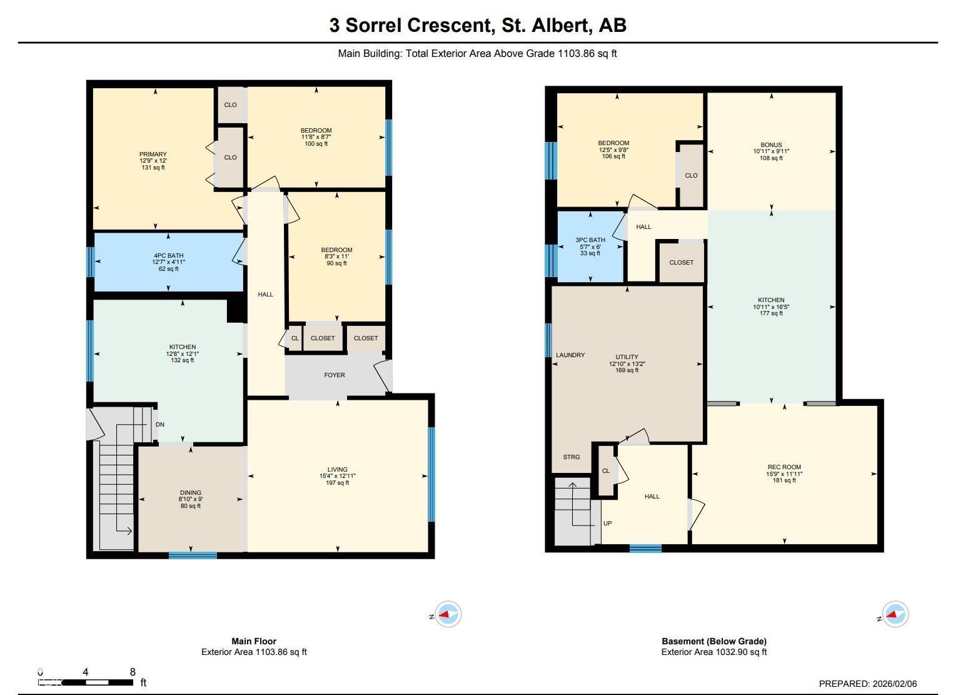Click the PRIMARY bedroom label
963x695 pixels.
[153, 155]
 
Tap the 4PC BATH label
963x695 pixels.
[168, 256]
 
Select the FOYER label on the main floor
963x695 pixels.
[335, 375]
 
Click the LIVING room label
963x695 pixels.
[337, 470]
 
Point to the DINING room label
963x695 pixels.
[191, 493]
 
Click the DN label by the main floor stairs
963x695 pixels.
[160, 425]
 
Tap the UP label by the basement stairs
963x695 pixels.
[607, 524]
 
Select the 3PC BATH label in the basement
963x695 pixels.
[590, 240]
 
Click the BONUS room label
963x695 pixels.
[771, 145]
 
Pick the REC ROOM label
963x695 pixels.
[784, 467]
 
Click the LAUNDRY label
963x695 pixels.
[570, 355]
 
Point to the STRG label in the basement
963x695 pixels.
[572, 457]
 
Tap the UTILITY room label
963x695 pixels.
[627, 357]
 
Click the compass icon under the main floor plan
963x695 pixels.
[448, 614]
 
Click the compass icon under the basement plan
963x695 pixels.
[895, 614]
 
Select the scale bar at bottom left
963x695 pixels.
[86, 682]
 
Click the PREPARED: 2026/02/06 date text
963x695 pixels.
[868, 684]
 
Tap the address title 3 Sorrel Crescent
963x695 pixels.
[478, 25]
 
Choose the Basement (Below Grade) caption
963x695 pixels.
[713, 641]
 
